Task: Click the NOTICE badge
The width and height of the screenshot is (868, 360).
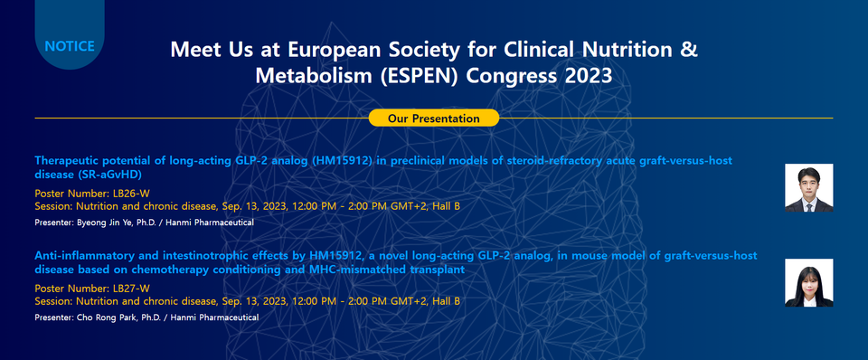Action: point(69,45)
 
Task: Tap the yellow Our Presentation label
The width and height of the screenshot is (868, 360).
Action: point(433,118)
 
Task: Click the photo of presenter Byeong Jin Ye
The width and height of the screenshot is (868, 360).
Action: point(808,187)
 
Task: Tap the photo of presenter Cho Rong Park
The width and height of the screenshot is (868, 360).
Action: point(808,282)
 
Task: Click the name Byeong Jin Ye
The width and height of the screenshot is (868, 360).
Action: point(114,222)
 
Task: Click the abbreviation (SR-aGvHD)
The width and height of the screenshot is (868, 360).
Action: point(107,175)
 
